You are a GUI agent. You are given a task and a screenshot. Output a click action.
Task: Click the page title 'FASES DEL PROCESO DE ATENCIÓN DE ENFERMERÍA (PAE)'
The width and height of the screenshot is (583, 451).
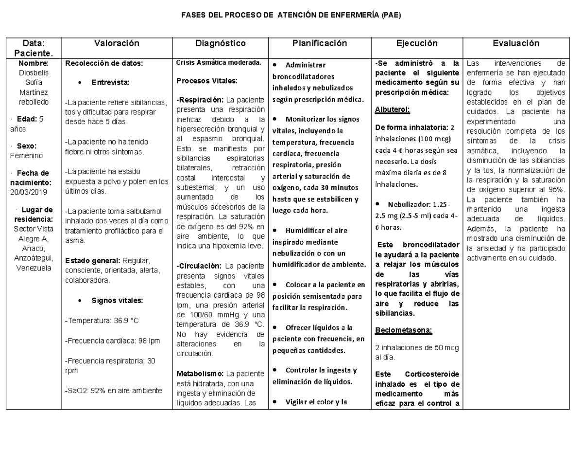pos(291,15)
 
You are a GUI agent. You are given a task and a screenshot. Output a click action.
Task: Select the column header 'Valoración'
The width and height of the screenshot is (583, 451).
pos(117,43)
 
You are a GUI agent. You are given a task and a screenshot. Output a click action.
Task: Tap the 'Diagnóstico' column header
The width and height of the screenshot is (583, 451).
pos(221,43)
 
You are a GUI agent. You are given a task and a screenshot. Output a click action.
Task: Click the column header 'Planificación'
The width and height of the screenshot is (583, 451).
pos(320,43)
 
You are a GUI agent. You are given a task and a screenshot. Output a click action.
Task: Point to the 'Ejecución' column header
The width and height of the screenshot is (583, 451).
pos(417,43)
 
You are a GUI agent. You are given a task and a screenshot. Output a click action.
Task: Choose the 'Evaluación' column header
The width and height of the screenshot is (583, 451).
pos(515,43)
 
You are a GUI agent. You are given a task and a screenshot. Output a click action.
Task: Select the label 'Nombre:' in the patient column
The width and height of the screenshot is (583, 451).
pos(34,63)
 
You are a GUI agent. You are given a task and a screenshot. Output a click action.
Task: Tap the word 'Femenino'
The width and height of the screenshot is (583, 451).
pos(27,155)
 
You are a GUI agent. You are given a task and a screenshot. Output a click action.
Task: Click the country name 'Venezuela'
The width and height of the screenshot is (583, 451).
pos(34,268)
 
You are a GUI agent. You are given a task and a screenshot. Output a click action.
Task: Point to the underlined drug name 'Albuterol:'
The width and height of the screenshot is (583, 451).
pos(393,109)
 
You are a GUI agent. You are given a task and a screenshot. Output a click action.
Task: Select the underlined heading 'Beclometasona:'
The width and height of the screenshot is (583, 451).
pos(403,331)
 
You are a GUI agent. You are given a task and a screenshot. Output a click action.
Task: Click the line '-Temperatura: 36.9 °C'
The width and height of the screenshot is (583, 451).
pos(102,321)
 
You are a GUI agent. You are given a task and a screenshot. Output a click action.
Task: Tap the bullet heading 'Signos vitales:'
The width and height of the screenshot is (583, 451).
pos(117,300)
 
